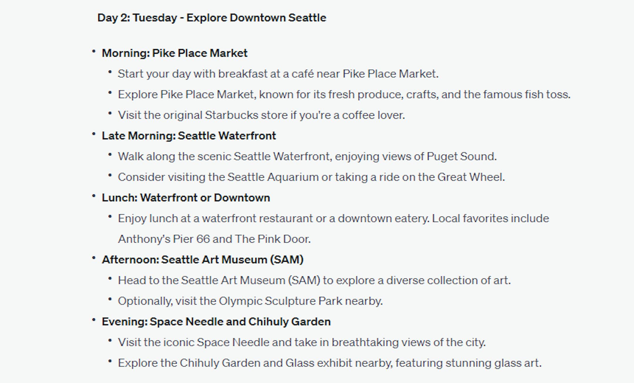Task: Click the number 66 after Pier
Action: [x=203, y=239]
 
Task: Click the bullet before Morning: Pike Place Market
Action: [x=94, y=52]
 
